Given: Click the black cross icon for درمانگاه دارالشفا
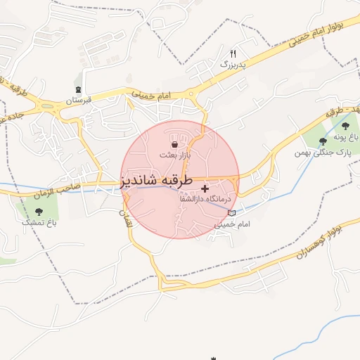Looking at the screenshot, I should click(205, 188).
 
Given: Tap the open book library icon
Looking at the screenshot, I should click(232, 213).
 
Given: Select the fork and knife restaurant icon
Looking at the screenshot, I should click(233, 53).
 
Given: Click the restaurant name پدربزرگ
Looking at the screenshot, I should click(235, 64).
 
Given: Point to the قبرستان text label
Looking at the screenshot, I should click(79, 101).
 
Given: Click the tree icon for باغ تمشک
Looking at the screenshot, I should click(38, 211).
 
